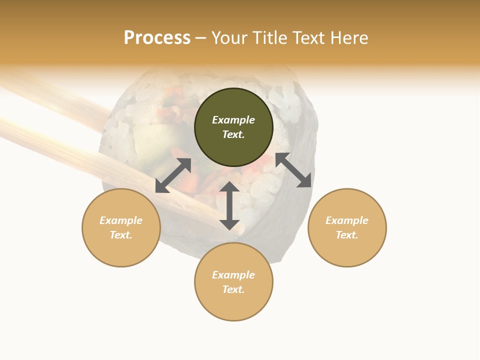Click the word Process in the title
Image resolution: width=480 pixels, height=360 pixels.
157,38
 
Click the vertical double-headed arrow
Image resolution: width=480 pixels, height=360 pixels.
229,205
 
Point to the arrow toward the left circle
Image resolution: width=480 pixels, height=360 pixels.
173,175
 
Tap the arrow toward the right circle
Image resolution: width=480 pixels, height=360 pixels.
293,170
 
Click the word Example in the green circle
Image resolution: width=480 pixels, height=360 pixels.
233,120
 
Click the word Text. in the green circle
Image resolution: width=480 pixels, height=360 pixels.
233,134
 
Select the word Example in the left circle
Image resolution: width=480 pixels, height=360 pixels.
121,220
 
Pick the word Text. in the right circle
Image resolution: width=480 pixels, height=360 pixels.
347,235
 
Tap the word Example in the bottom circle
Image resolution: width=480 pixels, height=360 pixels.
233,275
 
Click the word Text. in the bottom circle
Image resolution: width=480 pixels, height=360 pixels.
233,289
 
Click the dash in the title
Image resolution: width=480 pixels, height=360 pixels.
200,38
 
